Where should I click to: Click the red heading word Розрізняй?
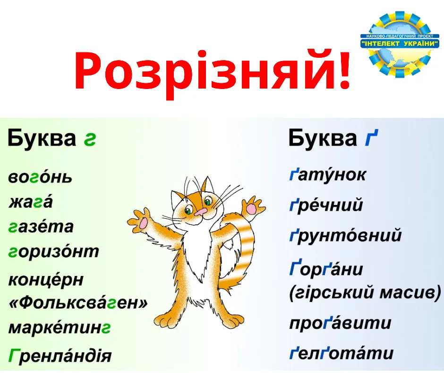click(213, 71)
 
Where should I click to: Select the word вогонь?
click(40, 178)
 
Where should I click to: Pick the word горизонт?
click(53, 251)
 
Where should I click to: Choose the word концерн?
click(46, 279)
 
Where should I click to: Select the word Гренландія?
click(60, 355)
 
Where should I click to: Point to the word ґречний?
click(326, 205)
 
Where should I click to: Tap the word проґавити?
click(340, 323)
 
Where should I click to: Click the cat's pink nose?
click(200, 212)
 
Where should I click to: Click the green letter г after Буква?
click(89, 139)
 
